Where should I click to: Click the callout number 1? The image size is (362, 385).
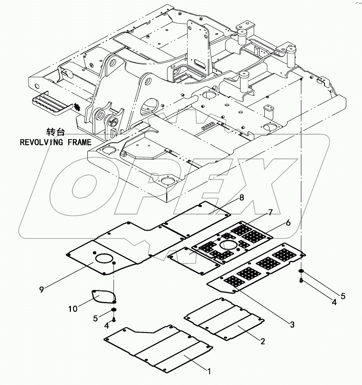(x=209, y=371)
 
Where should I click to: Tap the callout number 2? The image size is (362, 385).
(x=262, y=341)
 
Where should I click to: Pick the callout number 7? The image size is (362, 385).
(x=270, y=212)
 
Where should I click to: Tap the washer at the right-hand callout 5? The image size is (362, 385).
(x=301, y=271)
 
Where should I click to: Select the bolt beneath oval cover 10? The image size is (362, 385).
(x=114, y=319)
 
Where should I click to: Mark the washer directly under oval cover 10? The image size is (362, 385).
(x=114, y=309)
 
